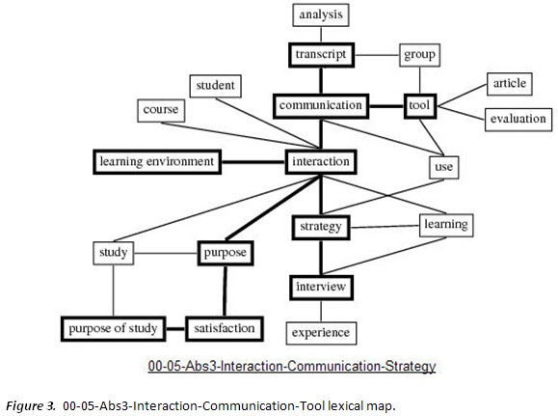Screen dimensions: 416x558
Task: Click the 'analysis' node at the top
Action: (319, 14)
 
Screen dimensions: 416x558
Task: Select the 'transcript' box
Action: (321, 54)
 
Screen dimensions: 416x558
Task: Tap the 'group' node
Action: (419, 55)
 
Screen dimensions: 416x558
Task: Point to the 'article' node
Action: (508, 84)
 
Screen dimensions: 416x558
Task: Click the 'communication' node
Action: (321, 104)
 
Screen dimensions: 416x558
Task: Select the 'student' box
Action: (215, 86)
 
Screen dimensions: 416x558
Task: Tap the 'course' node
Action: (160, 109)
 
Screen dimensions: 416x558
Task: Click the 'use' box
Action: (443, 167)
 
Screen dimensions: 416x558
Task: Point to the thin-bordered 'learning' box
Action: (445, 224)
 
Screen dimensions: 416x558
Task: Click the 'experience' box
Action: (321, 333)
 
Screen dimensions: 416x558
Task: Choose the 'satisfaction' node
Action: (223, 328)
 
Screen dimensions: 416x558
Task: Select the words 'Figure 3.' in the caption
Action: (30, 405)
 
